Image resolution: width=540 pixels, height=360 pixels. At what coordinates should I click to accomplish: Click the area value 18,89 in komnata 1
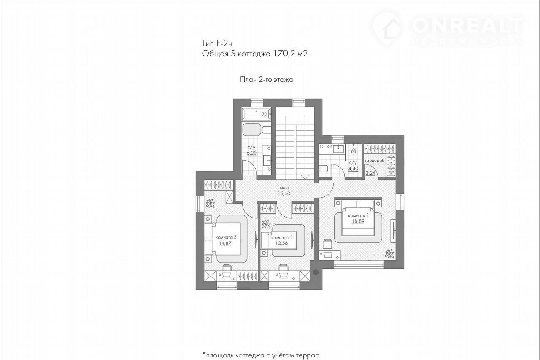point(358,221)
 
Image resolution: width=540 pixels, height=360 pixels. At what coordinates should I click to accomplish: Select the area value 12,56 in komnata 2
point(281,243)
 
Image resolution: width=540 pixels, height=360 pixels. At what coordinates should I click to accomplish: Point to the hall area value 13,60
point(284,193)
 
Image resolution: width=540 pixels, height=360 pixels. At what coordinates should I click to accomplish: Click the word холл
point(284,188)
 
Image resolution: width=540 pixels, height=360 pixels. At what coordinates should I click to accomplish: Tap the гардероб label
point(374,161)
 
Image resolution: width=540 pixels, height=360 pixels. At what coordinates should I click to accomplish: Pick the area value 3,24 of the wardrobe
point(370,173)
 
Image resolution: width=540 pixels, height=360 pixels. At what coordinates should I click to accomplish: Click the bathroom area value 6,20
point(251,153)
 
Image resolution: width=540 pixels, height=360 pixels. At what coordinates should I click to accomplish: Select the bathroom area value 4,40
point(353,169)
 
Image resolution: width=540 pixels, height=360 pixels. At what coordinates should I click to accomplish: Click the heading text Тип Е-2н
point(217,43)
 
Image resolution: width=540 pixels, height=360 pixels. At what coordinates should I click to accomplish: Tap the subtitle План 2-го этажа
point(266,80)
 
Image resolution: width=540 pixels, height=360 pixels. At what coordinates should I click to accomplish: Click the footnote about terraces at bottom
point(261,355)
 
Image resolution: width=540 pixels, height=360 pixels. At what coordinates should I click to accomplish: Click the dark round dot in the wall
point(316,272)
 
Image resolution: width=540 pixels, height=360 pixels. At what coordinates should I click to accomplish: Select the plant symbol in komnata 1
point(389,253)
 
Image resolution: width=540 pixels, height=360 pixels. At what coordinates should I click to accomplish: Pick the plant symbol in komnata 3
point(211,203)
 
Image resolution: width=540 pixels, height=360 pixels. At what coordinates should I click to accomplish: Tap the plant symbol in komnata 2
point(266,224)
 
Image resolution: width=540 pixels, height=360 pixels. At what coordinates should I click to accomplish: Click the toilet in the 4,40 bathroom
point(323,169)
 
